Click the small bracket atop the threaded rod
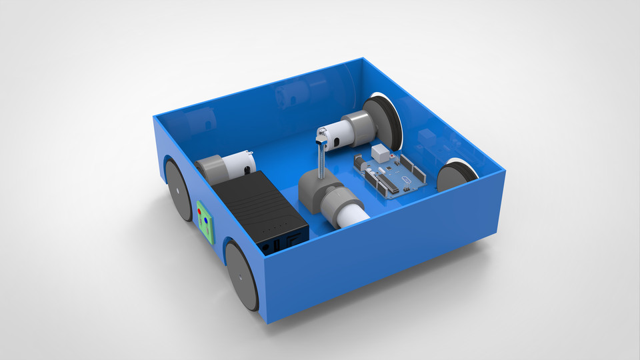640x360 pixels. (x=321, y=135)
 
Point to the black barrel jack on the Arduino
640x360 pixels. (x=361, y=163)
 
